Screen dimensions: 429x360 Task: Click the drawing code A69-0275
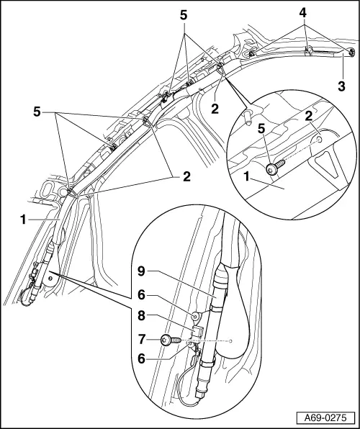325,417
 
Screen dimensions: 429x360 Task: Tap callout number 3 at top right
340,86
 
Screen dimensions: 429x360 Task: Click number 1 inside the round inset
248,176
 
